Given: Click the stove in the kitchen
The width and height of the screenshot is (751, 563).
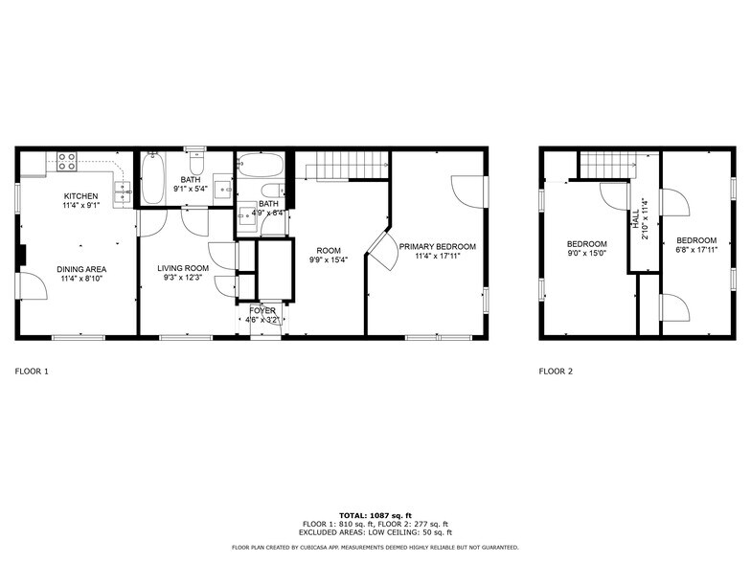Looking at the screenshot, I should (x=67, y=162).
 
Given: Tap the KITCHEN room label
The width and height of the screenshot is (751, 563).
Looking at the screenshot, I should (x=80, y=195).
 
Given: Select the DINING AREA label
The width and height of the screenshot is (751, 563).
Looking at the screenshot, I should (x=80, y=269).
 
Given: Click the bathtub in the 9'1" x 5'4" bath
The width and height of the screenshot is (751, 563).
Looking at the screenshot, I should (x=152, y=179).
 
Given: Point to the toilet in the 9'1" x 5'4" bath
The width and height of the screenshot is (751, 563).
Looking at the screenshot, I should (x=196, y=162).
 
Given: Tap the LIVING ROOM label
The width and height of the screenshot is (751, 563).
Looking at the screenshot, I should (x=183, y=268).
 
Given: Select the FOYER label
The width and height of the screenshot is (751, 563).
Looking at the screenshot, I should (x=262, y=310).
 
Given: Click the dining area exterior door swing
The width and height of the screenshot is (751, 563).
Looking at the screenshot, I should (x=32, y=286).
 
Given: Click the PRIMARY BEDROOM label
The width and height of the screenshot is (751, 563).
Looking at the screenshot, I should (x=438, y=246).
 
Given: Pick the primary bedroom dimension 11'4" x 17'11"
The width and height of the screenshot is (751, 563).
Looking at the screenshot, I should (x=438, y=257).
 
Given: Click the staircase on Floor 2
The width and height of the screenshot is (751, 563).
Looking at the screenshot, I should (x=607, y=165).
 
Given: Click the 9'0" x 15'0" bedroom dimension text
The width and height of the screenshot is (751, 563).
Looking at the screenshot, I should (x=586, y=254).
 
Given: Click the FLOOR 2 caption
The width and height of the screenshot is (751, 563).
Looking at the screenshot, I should (x=556, y=371).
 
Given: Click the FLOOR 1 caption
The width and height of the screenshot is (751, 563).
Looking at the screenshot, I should (x=32, y=371).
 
